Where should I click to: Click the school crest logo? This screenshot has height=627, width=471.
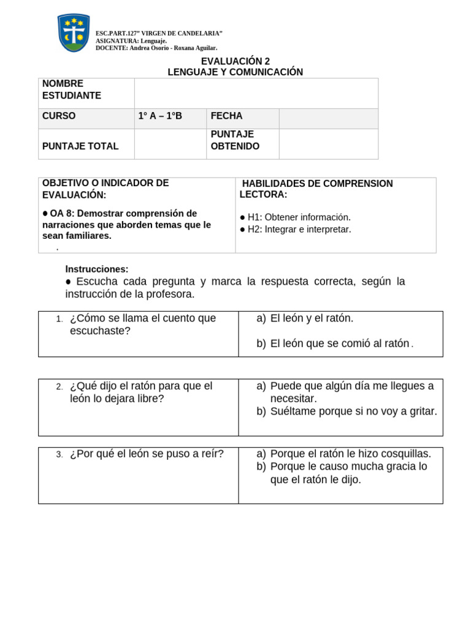coord(74,33)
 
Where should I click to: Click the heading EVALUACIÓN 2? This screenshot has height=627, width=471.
coord(235,61)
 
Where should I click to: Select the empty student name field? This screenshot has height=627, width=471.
coord(256,93)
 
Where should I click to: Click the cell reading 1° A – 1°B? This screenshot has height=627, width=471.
coord(161,116)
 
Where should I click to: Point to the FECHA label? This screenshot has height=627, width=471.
coord(226,116)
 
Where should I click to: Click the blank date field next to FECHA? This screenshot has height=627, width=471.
coord(328,118)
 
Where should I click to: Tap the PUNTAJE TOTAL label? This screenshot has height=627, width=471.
coord(80,146)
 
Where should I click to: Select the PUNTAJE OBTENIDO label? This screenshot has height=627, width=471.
coord(235,140)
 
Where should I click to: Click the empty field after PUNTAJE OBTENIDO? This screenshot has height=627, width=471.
coord(328,144)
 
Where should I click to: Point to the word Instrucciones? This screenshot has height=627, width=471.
coord(97,269)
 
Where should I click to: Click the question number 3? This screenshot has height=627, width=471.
coord(59,454)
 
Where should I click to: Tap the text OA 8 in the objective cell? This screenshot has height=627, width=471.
coord(58,214)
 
